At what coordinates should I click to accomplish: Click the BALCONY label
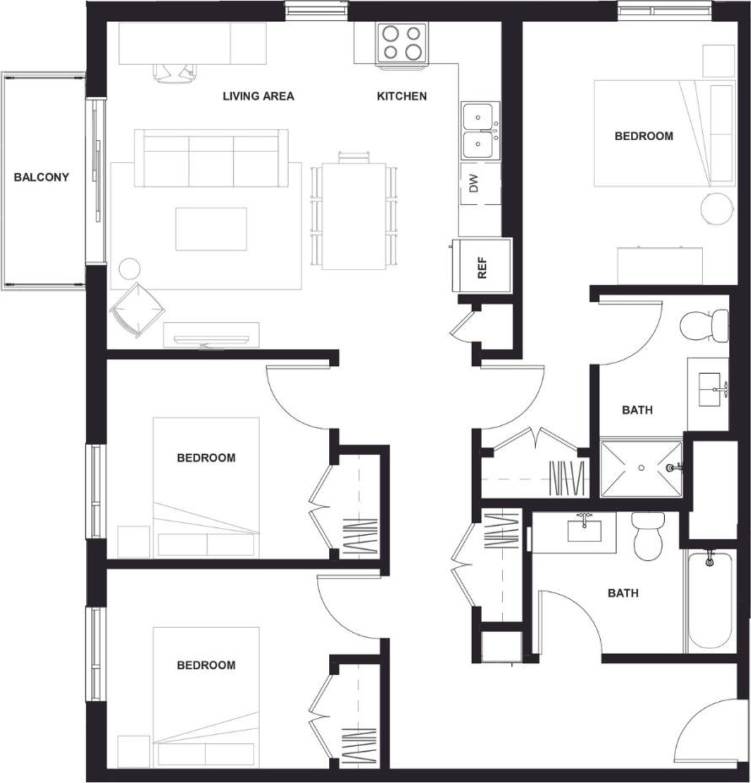click(41, 177)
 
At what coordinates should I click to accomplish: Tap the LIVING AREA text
click(258, 96)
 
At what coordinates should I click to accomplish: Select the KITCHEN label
click(401, 96)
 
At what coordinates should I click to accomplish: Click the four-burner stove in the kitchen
click(399, 43)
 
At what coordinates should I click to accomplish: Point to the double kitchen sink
click(479, 131)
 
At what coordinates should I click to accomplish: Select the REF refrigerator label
click(483, 266)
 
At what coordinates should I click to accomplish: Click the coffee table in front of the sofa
click(211, 229)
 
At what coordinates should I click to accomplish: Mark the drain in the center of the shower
click(641, 467)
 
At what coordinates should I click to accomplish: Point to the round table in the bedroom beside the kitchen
click(718, 208)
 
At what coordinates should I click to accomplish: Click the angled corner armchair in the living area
click(135, 309)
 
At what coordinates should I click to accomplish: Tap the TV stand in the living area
click(211, 336)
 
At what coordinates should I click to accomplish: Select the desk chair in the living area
click(174, 72)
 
